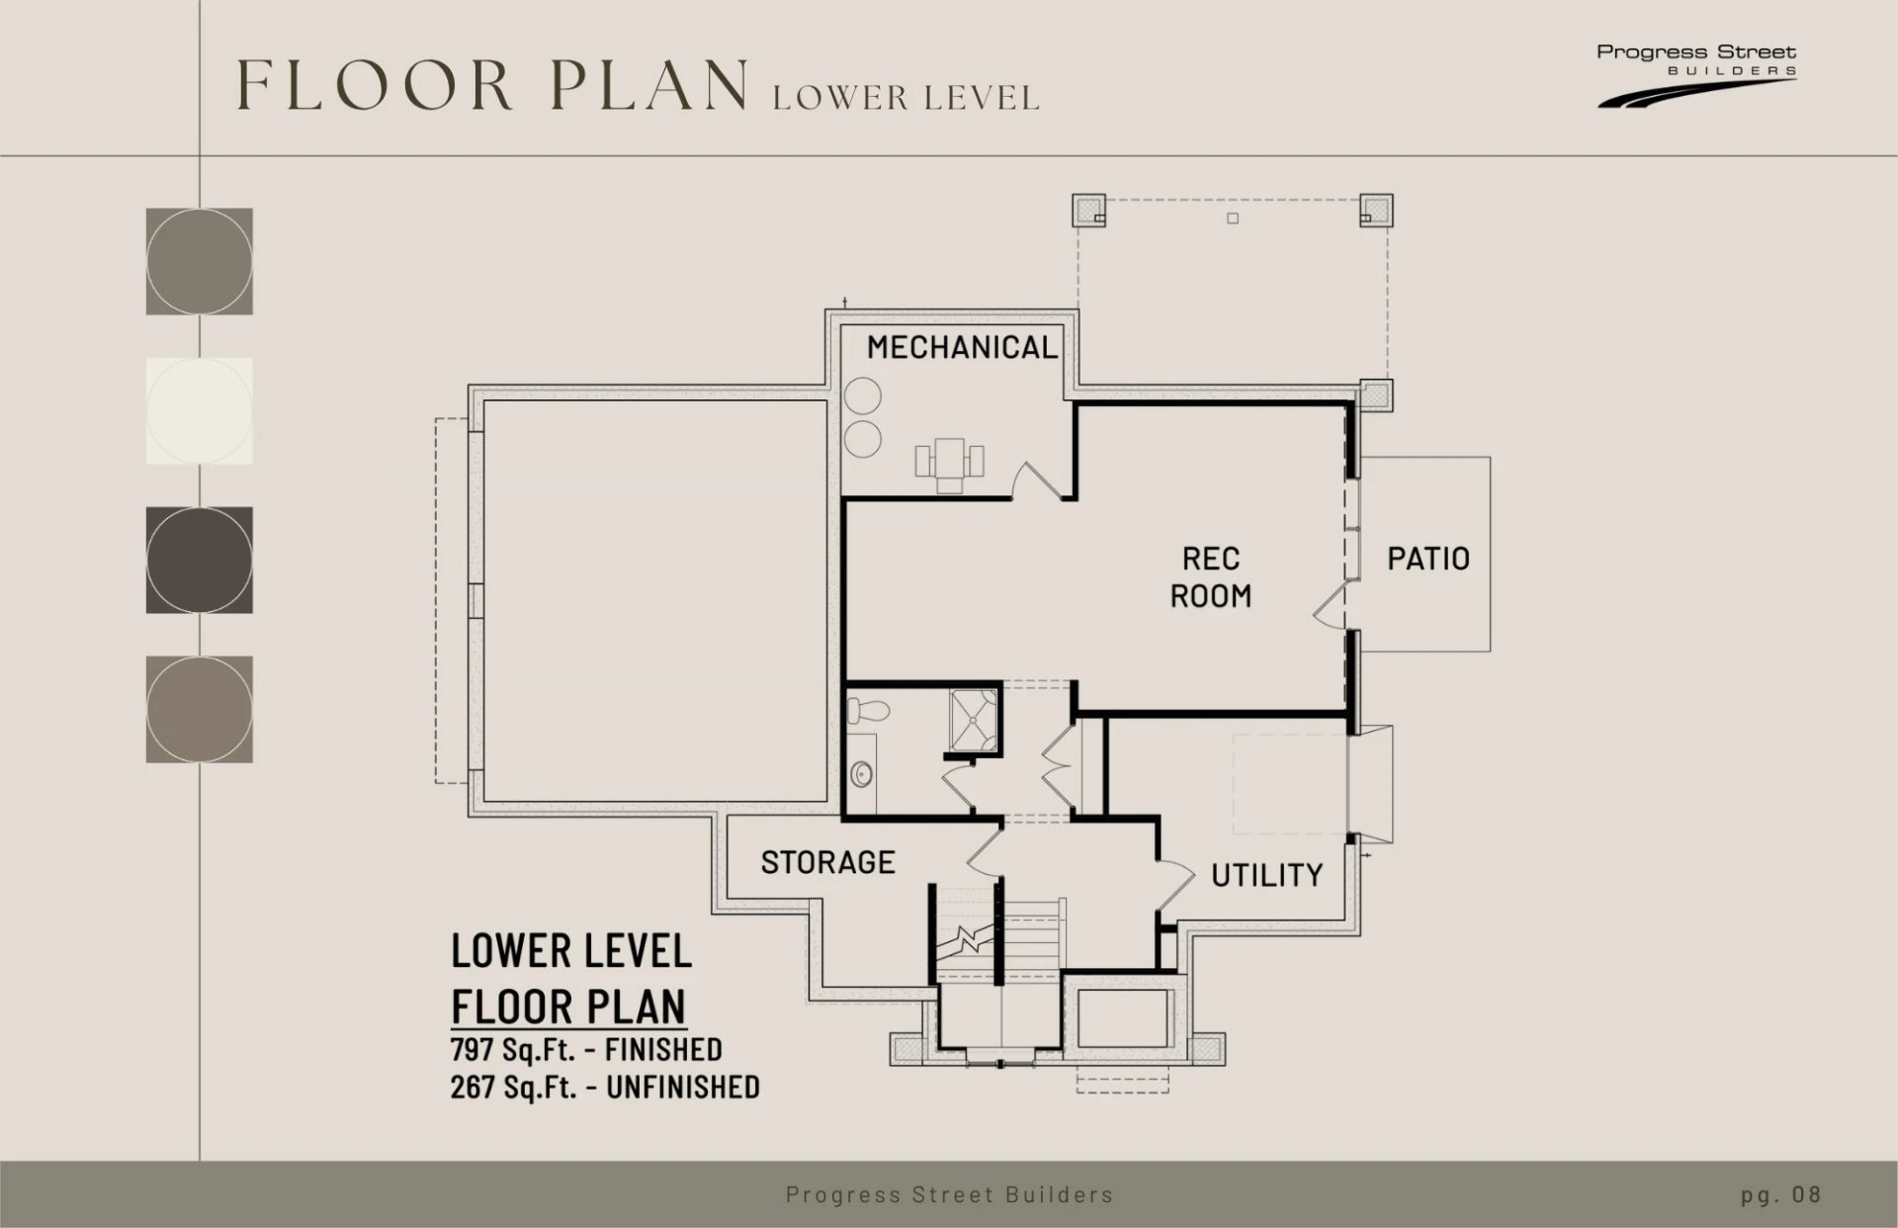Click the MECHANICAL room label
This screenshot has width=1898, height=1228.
962,347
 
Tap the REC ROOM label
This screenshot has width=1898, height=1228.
1211,577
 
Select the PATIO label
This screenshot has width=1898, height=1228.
1428,559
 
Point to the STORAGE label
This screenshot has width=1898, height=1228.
827,862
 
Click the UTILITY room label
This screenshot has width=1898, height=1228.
1266,875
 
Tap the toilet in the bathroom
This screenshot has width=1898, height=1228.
869,709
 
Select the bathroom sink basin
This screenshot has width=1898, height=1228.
862,773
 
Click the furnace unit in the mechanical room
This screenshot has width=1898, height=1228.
949,464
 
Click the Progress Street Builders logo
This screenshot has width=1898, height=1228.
1696,74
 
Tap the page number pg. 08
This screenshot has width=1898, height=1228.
1780,1194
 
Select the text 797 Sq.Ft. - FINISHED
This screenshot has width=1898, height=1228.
586,1049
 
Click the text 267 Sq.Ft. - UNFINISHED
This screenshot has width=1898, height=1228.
605,1087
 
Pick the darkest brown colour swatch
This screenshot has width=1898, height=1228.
200,560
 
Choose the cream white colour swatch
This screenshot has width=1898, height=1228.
200,410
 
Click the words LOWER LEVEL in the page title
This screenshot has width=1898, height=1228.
906,98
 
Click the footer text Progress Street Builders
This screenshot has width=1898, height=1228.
949,1194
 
